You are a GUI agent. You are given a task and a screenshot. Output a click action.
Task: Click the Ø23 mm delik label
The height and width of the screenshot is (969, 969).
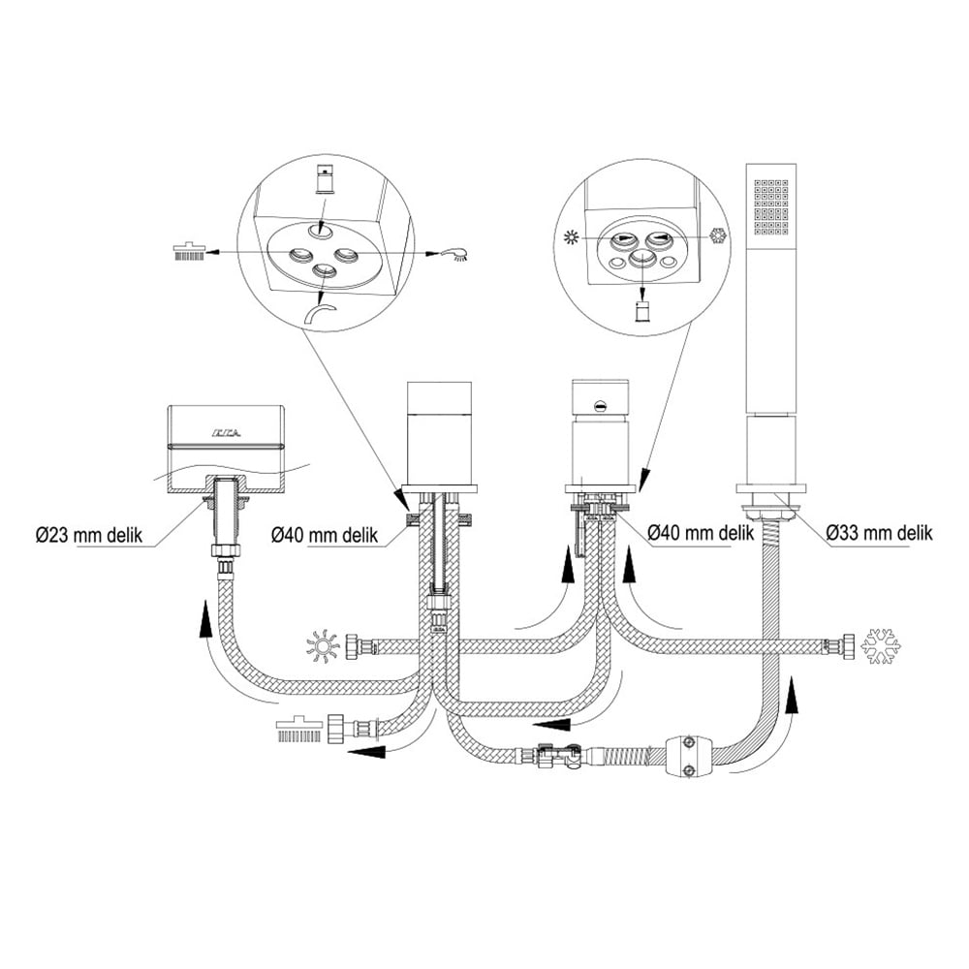coord(89,534)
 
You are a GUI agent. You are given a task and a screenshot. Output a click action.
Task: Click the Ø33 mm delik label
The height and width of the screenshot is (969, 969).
coord(880,532)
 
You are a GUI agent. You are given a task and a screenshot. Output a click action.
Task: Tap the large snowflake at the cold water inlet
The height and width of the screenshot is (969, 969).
coord(881,646)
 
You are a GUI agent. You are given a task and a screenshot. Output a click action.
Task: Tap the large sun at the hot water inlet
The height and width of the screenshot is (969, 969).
coord(323,647)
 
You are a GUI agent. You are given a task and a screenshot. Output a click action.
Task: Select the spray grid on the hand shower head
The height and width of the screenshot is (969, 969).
coord(771,208)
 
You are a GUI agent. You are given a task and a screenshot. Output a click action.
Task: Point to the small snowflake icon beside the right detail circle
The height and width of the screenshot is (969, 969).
coord(719,235)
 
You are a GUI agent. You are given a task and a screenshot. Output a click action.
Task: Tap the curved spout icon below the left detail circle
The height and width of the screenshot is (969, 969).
coord(321,314)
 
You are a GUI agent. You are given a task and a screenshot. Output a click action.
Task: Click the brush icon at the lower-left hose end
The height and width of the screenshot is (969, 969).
coord(297,728)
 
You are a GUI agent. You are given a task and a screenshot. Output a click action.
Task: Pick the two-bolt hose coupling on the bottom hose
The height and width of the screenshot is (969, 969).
coord(688,755)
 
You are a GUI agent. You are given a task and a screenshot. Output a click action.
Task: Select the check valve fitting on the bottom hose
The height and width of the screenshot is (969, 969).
coord(557,756)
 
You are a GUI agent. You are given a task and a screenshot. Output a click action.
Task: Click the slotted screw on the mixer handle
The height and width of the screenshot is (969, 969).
coord(599,405)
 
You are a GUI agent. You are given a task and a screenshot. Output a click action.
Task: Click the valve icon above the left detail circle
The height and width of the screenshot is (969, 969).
coord(324,180)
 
